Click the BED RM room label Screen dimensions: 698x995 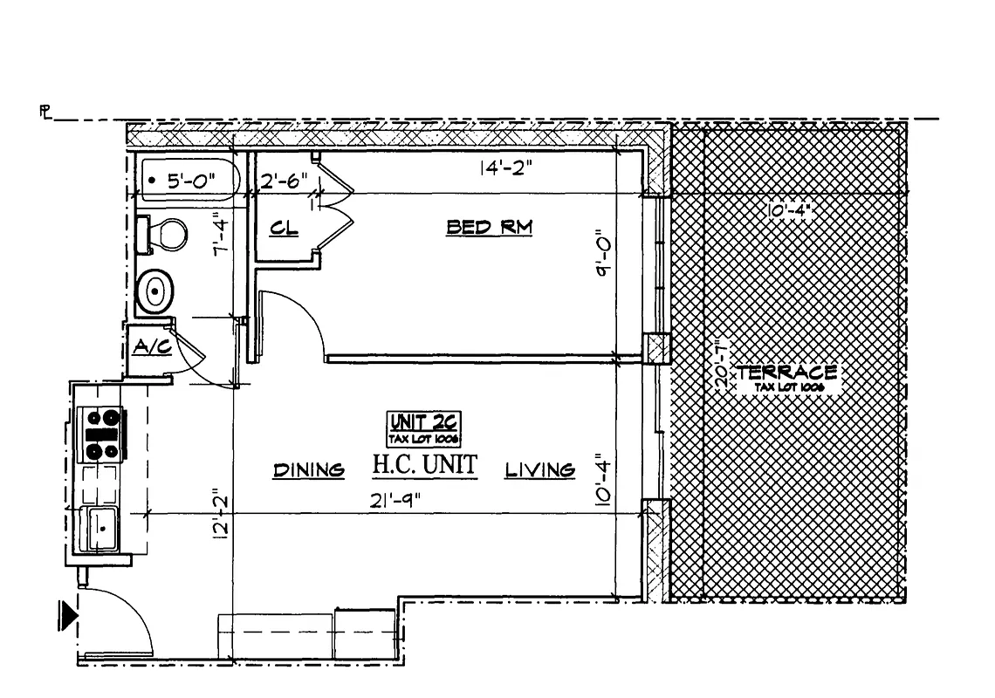pyautogui.click(x=490, y=228)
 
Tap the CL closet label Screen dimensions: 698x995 pyautogui.click(x=285, y=229)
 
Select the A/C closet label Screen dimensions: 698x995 pyautogui.click(x=151, y=346)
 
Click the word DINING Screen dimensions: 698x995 pyautogui.click(x=309, y=470)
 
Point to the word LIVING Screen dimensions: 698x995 pyautogui.click(x=540, y=470)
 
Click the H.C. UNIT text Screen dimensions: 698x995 pyautogui.click(x=425, y=465)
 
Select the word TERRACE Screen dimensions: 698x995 pyautogui.click(x=786, y=372)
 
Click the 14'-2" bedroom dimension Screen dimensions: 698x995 pyautogui.click(x=505, y=168)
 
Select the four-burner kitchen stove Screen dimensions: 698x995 pyautogui.click(x=101, y=434)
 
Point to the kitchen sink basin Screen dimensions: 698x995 pyautogui.click(x=104, y=528)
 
